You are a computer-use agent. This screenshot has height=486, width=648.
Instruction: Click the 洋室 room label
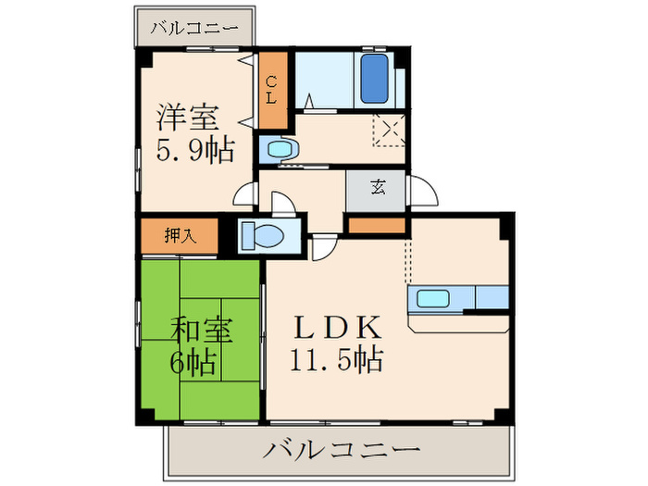tap(188, 118)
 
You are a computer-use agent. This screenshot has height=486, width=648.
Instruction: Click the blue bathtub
tap(373, 80)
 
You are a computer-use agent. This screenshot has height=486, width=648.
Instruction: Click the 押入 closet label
tap(181, 235)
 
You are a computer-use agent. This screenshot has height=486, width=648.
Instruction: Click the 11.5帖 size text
tap(337, 359)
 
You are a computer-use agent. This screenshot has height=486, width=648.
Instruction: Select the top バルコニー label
tap(195, 28)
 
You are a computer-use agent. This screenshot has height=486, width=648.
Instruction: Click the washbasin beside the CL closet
tap(277, 148)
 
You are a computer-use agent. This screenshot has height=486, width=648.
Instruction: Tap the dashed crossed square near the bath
tap(389, 130)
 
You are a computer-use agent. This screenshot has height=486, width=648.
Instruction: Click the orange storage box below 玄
tap(376, 225)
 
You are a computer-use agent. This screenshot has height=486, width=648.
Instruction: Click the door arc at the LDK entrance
tap(325, 247)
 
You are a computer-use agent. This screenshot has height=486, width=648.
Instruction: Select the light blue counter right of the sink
tap(492, 297)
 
